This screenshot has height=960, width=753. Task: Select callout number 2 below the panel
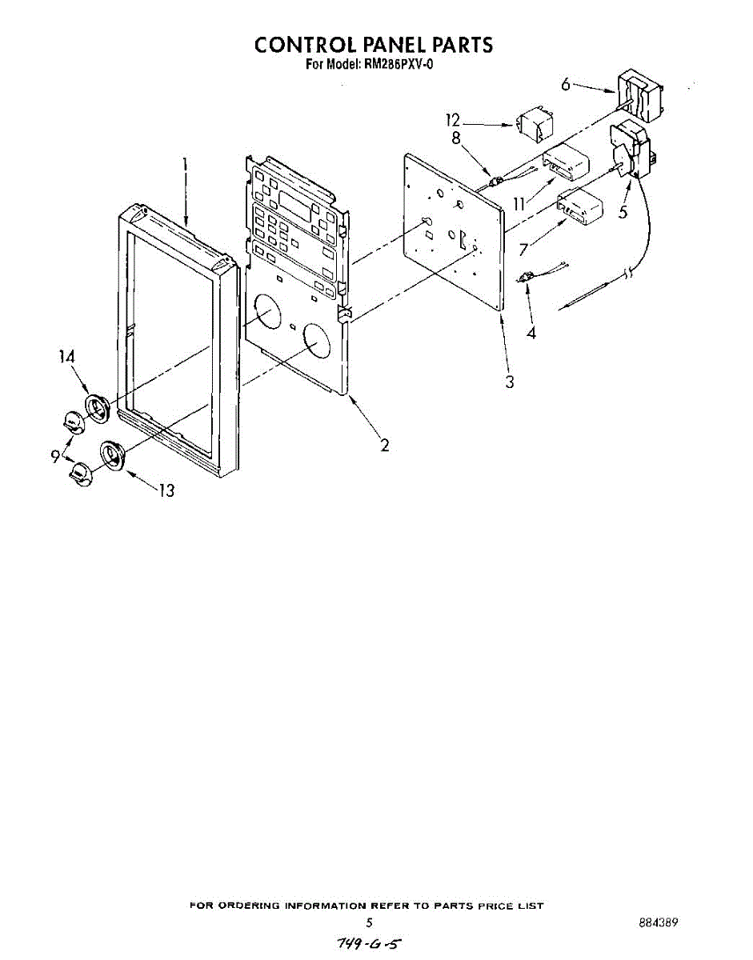point(385,445)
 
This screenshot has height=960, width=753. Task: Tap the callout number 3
point(509,382)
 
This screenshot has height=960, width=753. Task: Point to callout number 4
point(531,331)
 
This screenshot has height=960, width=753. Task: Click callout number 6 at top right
point(566,83)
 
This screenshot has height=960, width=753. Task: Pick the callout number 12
point(454,120)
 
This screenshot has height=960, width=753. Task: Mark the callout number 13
point(166,490)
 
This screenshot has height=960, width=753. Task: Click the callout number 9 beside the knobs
point(55,455)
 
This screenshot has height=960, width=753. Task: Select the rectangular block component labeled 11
point(566,165)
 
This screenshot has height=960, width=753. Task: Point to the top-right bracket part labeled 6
point(640,95)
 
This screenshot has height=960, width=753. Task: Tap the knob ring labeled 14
point(98,406)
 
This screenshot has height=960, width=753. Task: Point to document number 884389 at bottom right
point(659,922)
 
